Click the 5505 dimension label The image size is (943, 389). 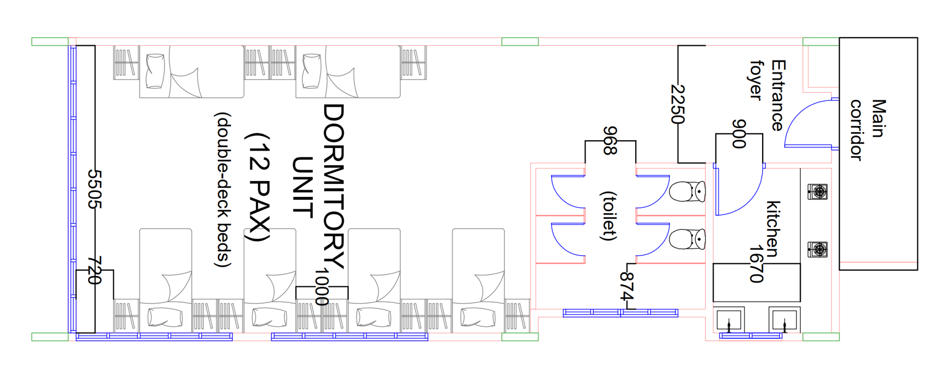pos(95,189)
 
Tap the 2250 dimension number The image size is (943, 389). pos(678,104)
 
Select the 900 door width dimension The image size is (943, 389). pos(739,134)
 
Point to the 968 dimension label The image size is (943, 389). pos(610,141)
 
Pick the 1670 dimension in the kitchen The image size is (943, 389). pos(756,264)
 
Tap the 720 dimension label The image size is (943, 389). pos(95,271)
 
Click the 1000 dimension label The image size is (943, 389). pos(322,286)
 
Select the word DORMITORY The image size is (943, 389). pos(333,186)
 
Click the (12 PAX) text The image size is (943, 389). pos(258,187)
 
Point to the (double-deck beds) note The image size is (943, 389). pos(223,190)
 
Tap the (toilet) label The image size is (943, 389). pos(608,216)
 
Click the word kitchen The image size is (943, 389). pos(773,229)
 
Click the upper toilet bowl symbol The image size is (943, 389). pos(688,192)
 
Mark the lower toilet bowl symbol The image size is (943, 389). pos(688,239)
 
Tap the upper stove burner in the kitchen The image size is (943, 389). pos(818,191)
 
